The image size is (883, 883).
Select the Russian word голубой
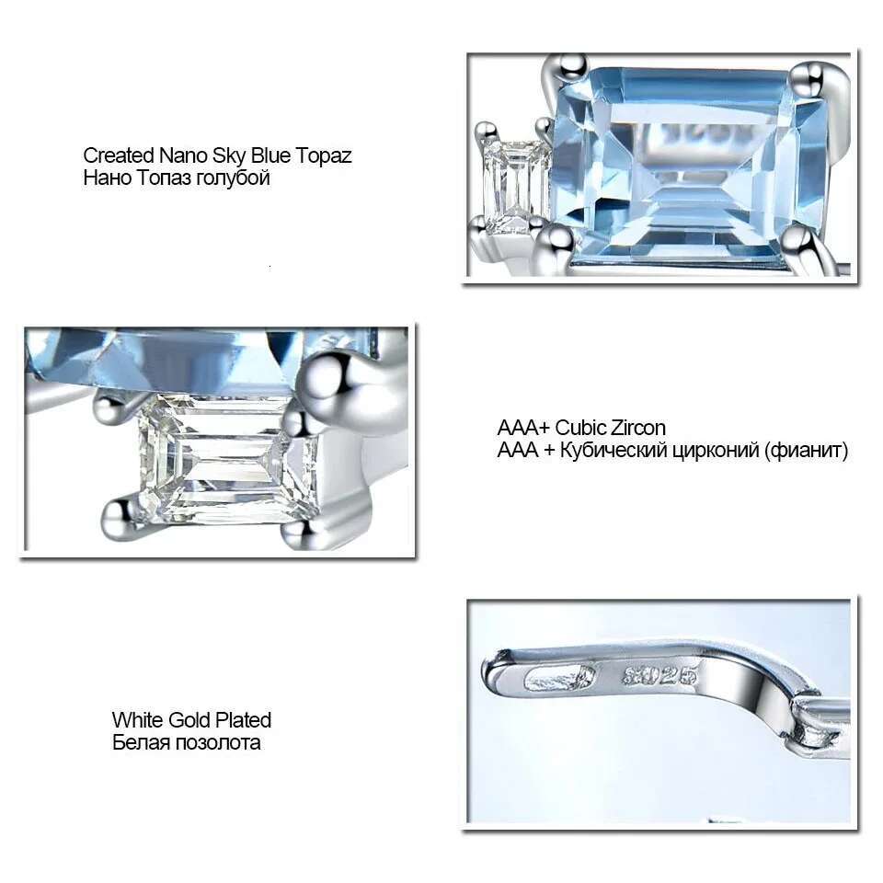[x=232, y=178]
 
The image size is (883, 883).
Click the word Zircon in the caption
[x=638, y=428]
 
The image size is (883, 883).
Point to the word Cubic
[x=580, y=428]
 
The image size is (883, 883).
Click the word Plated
[x=243, y=720]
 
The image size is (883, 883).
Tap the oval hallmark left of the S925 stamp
[x=560, y=678]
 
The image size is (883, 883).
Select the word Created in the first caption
[x=119, y=155]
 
